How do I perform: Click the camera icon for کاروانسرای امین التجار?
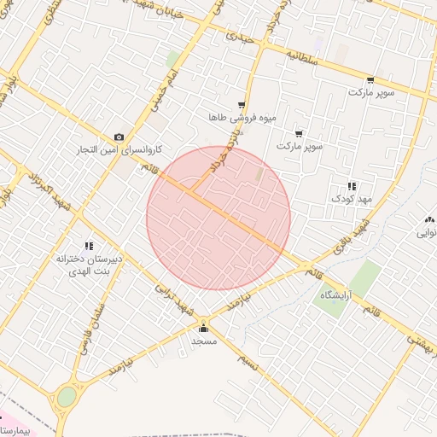[x=119, y=137]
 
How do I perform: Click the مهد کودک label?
[x=348, y=198]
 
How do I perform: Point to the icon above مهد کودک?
[x=351, y=186]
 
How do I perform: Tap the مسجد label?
[x=203, y=341]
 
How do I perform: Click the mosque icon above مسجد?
[x=203, y=329]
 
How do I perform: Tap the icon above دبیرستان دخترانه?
[x=89, y=246]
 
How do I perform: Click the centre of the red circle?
[x=218, y=218]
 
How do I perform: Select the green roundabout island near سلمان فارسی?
[x=66, y=397]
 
